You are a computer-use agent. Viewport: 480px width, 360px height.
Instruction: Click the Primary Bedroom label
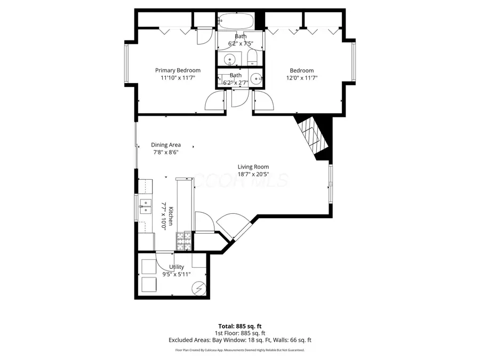[x=178, y=70]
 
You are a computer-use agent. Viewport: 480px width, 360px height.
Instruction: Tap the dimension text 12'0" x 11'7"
[x=301, y=78]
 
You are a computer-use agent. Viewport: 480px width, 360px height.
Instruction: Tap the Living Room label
[x=253, y=166]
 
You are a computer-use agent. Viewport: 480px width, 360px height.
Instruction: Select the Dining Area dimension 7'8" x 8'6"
[x=165, y=152]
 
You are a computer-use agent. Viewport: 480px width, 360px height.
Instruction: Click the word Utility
[x=177, y=267]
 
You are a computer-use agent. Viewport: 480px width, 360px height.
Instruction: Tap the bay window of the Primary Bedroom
[x=127, y=63]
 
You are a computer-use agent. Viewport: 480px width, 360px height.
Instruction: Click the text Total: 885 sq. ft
[x=239, y=325]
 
